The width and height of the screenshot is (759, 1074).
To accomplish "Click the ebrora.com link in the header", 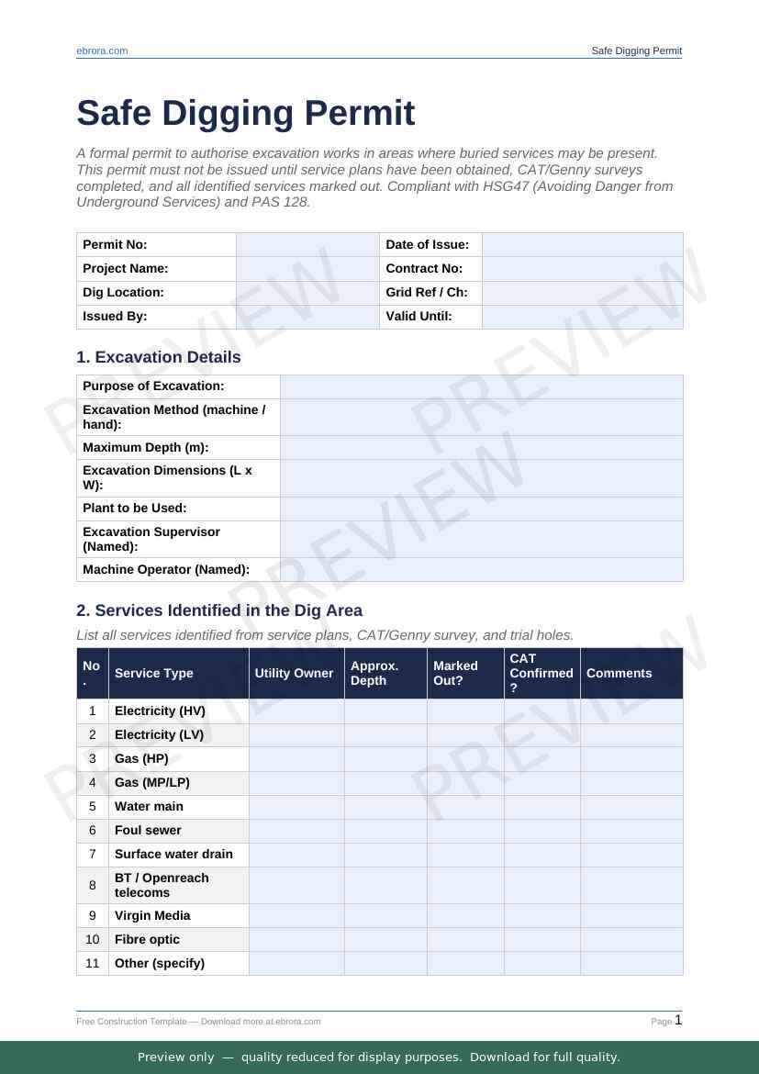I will [x=102, y=51].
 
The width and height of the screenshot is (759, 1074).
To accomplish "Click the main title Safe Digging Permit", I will [x=246, y=113].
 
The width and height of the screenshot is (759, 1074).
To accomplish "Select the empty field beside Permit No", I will [x=307, y=245].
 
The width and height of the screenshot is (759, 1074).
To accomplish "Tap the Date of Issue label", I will [x=427, y=245].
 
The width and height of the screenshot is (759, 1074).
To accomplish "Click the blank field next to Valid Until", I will [x=582, y=317].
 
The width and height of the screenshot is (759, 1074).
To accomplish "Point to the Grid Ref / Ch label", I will [x=426, y=293].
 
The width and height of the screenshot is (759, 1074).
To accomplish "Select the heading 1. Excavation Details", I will [x=159, y=357].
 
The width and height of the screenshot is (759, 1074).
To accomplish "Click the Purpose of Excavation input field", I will [x=481, y=386].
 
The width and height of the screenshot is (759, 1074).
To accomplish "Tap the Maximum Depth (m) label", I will [x=145, y=448].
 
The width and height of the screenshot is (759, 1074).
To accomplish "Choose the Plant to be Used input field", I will [x=481, y=509].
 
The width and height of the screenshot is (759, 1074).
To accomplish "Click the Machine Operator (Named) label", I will [x=166, y=570].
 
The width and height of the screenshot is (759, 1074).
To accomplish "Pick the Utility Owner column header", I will [x=294, y=674].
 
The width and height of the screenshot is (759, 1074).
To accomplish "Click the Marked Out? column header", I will [x=456, y=674].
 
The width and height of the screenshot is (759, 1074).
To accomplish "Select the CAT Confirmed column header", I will [x=541, y=673].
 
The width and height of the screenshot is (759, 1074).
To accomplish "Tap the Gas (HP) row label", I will [x=140, y=759].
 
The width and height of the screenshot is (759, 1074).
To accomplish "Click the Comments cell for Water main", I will [x=631, y=807].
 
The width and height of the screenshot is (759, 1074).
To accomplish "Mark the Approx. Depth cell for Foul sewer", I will [x=385, y=831].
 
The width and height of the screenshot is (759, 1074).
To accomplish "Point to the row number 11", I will [x=93, y=964].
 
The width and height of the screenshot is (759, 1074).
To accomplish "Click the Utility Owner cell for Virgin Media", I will [x=296, y=916].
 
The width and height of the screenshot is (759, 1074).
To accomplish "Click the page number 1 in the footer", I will [x=678, y=1020].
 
